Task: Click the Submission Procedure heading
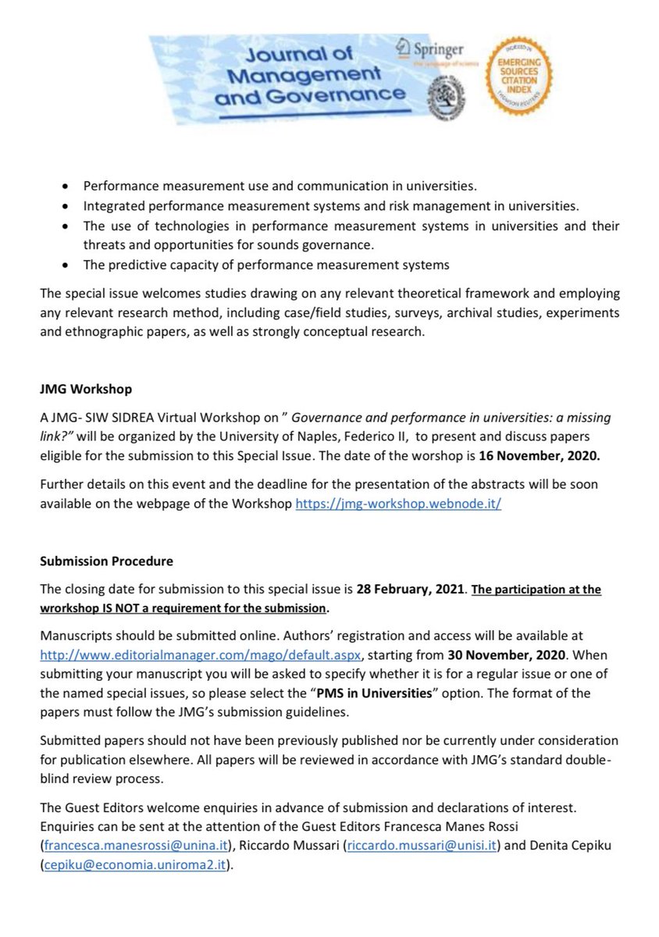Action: [106, 561]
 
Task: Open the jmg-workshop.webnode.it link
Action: [397, 504]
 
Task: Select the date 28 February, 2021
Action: [409, 590]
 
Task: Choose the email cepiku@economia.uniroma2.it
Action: [136, 865]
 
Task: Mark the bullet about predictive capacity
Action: [265, 264]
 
